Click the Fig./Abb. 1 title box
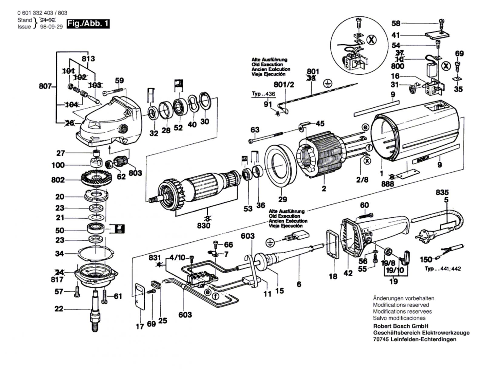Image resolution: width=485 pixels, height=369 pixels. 88,24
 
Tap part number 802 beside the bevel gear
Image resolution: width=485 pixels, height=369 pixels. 58,180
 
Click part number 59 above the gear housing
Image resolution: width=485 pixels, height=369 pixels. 119,81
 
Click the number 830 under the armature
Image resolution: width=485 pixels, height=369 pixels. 203,226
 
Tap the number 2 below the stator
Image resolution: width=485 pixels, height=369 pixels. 324,189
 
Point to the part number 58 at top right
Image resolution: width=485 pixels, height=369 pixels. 396,23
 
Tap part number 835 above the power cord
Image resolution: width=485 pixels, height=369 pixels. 442,193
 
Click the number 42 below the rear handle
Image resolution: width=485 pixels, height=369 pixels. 348,273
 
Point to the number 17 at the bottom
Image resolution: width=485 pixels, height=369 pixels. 140,327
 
